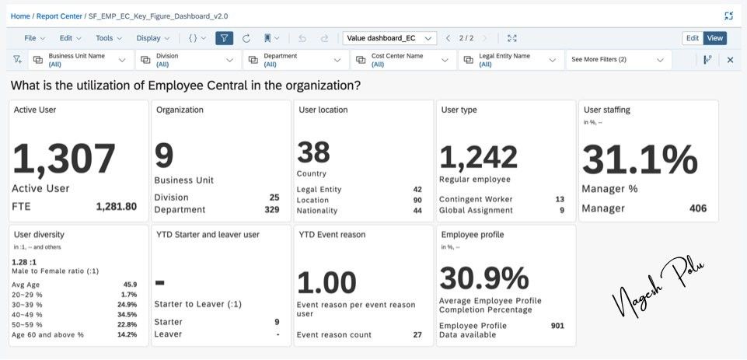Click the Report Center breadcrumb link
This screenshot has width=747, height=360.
pyautogui.click(x=60, y=16)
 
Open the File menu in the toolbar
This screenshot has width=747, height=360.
pyautogui.click(x=34, y=38)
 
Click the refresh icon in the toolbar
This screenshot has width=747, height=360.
pyautogui.click(x=246, y=38)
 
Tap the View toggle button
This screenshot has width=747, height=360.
pyautogui.click(x=714, y=38)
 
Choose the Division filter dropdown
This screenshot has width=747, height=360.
pyautogui.click(x=187, y=60)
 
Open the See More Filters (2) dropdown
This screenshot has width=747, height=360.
pyautogui.click(x=619, y=60)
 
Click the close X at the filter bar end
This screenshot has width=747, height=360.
pyautogui.click(x=730, y=60)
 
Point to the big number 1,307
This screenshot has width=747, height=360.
pyautogui.click(x=64, y=159)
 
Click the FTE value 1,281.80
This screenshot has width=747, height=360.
pyautogui.click(x=117, y=207)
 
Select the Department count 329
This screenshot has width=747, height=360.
pyautogui.click(x=271, y=209)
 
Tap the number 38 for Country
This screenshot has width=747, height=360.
pyautogui.click(x=313, y=152)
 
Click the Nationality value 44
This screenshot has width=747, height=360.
pyautogui.click(x=417, y=210)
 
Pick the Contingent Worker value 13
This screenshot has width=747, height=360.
pyautogui.click(x=560, y=199)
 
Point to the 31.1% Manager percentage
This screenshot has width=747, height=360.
pyautogui.click(x=640, y=159)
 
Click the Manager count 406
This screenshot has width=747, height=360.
pyautogui.click(x=698, y=208)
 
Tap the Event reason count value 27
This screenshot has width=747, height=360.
pyautogui.click(x=417, y=334)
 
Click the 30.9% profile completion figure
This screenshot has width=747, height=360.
pyautogui.click(x=484, y=278)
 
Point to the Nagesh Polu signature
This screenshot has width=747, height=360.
pyautogui.click(x=658, y=288)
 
